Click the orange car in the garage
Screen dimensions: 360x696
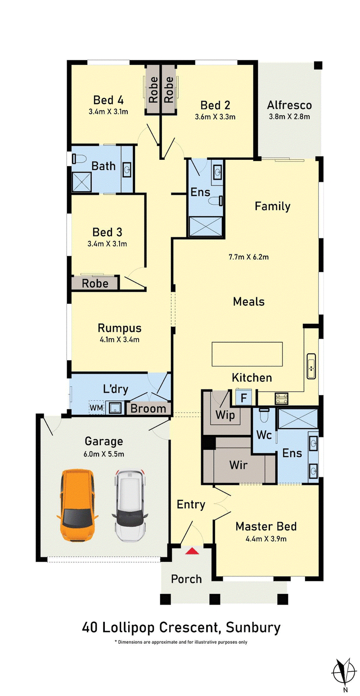[x=77, y=505]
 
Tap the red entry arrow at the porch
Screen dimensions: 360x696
[x=192, y=551]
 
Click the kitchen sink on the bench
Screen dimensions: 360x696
[x=311, y=366]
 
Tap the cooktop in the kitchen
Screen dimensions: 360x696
[x=281, y=398]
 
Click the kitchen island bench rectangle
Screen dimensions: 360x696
[x=247, y=354]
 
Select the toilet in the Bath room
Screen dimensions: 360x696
[x=79, y=159]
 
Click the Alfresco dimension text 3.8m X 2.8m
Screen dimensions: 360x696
[x=289, y=117]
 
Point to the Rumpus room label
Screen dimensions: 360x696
[x=120, y=328]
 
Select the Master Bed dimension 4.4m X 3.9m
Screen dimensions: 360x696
[x=266, y=538]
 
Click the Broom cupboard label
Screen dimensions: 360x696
[x=148, y=409]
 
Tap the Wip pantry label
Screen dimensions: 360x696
[x=225, y=415]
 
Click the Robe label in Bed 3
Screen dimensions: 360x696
[x=95, y=283]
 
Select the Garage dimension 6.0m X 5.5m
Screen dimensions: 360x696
[x=104, y=454]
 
